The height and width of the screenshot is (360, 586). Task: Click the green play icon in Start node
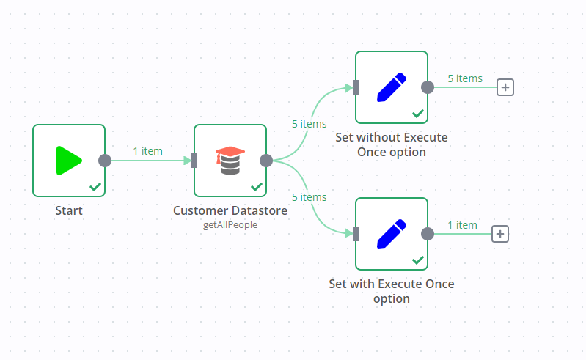click(68, 161)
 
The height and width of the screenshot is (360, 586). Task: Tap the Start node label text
click(69, 210)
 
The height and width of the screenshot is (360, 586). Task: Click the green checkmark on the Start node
click(95, 187)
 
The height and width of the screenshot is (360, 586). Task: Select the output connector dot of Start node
click(105, 161)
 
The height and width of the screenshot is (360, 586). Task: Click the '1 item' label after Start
click(147, 151)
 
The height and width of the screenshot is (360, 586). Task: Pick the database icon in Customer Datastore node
click(230, 161)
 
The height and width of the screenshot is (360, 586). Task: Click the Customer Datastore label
click(230, 210)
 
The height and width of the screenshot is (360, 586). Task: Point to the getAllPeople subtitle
click(230, 225)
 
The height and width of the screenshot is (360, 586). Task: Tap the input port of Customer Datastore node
click(194, 161)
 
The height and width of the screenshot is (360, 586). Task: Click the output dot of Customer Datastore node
click(266, 161)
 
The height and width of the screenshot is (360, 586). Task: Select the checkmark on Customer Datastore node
click(257, 187)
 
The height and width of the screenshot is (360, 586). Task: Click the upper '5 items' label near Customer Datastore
click(309, 124)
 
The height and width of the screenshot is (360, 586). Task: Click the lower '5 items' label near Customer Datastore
click(309, 197)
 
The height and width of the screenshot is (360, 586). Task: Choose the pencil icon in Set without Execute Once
click(391, 87)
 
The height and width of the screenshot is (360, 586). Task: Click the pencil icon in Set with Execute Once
click(391, 234)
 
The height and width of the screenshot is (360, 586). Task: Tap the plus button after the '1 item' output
click(499, 234)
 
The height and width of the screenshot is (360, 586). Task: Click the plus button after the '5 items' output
click(505, 87)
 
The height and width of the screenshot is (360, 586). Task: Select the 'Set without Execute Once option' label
click(391, 144)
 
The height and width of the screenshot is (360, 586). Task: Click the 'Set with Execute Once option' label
click(391, 291)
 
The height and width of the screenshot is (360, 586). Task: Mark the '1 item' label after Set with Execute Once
click(462, 225)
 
